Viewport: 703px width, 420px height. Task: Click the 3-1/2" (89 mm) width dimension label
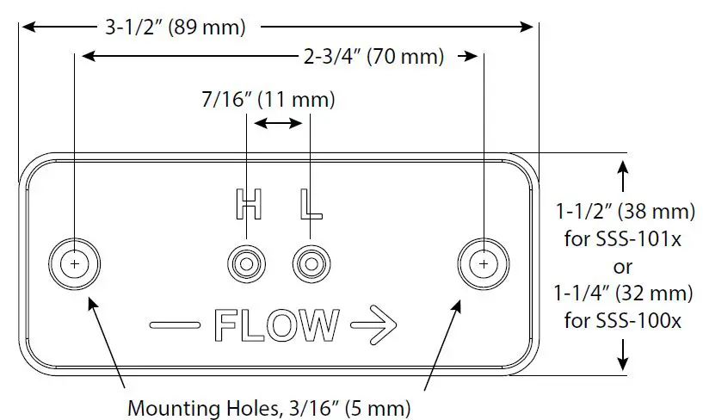click(x=176, y=27)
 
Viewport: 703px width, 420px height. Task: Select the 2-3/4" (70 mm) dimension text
click(x=374, y=58)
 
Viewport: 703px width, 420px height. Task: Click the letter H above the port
click(x=248, y=204)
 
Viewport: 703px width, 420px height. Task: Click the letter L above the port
click(x=309, y=204)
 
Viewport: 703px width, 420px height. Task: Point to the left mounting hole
click(x=75, y=262)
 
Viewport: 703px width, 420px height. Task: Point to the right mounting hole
click(x=484, y=262)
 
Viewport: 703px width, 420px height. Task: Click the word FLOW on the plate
click(x=276, y=326)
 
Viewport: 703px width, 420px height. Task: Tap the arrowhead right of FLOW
click(x=373, y=325)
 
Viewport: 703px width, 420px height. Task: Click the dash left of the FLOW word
click(x=176, y=326)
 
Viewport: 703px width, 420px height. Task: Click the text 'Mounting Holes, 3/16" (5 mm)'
click(x=268, y=405)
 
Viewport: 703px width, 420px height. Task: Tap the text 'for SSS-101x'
click(x=623, y=240)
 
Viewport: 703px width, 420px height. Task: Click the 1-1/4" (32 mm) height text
click(x=624, y=293)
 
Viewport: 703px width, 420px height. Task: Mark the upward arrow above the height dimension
click(x=624, y=176)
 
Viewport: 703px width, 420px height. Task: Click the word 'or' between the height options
click(x=624, y=267)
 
